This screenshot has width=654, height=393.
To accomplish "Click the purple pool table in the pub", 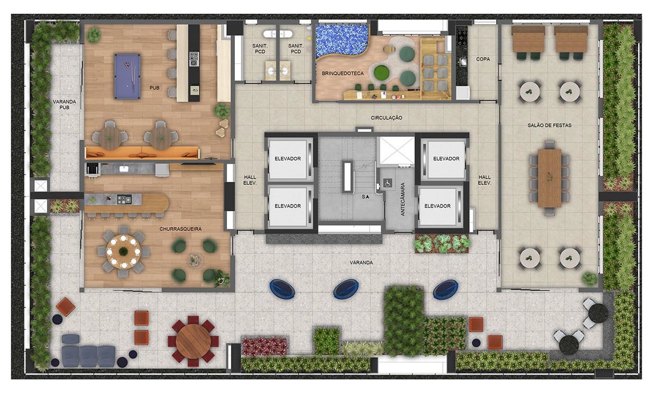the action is [x=127, y=76].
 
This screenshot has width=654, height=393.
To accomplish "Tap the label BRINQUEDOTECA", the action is [x=343, y=73].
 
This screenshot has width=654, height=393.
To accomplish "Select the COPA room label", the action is [x=483, y=59].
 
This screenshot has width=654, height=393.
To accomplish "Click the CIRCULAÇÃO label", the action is [x=386, y=118].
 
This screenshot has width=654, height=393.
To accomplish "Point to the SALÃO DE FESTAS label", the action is [x=549, y=125].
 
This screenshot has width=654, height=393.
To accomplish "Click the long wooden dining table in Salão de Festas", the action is [x=549, y=178].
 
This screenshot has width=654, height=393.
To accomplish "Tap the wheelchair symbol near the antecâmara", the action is [x=388, y=183].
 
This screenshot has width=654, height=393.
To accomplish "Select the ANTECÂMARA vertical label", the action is [x=403, y=199].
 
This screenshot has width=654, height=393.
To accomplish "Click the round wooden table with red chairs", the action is [x=193, y=341].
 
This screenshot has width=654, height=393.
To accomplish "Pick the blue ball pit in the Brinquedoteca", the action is [x=341, y=41].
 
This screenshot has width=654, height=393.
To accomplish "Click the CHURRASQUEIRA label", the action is [x=181, y=229].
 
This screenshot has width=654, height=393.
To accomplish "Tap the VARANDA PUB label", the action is [x=64, y=105].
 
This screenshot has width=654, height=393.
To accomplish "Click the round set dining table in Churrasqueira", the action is [x=124, y=251].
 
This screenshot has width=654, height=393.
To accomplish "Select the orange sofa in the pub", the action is [x=142, y=153].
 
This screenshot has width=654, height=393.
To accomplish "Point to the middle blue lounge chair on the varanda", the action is [x=346, y=289].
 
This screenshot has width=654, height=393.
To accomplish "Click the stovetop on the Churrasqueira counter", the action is [x=124, y=199].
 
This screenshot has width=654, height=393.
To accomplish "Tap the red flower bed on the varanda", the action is [x=264, y=346].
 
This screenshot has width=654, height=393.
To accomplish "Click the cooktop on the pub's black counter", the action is [x=194, y=59].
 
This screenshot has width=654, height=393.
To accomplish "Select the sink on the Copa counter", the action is [x=463, y=62].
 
